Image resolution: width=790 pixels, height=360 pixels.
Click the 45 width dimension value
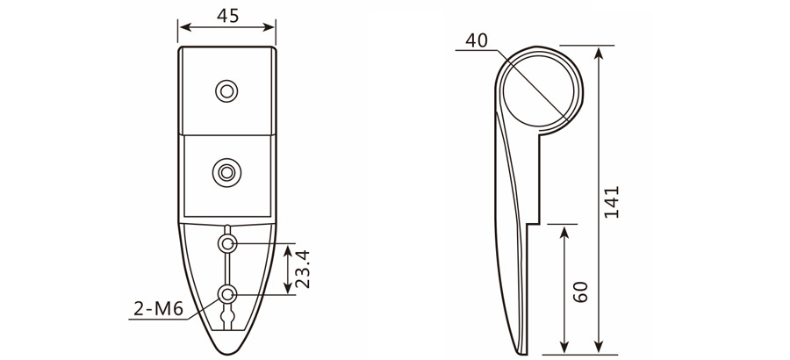[227, 15]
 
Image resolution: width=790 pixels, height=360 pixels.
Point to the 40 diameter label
[477, 40]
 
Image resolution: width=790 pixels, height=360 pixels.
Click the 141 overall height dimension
[612, 202]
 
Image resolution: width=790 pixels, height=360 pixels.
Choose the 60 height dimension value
[579, 293]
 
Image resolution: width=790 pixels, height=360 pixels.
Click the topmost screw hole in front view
[227, 90]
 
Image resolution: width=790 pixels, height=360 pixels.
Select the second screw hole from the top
[227, 172]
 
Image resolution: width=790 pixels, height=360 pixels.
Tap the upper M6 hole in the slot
[227, 242]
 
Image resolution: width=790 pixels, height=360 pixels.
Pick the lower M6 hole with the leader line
[227, 294]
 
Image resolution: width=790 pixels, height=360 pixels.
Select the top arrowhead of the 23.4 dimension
[288, 248]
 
